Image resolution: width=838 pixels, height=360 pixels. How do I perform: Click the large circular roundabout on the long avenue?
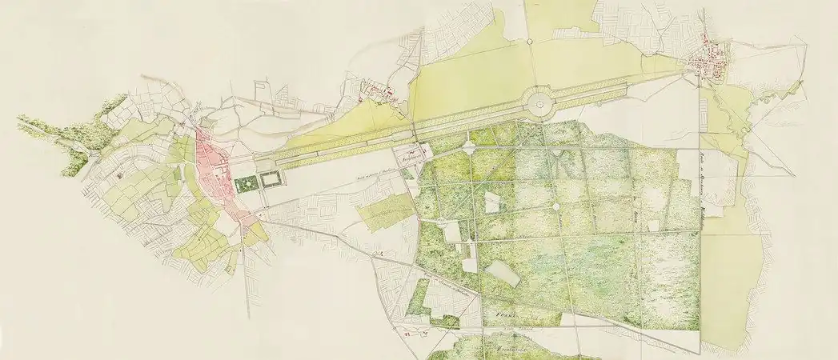[x=537, y=102]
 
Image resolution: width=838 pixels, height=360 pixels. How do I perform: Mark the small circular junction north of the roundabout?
[x=532, y=43]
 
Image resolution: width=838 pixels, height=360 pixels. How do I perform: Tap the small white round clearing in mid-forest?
[x=555, y=207]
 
